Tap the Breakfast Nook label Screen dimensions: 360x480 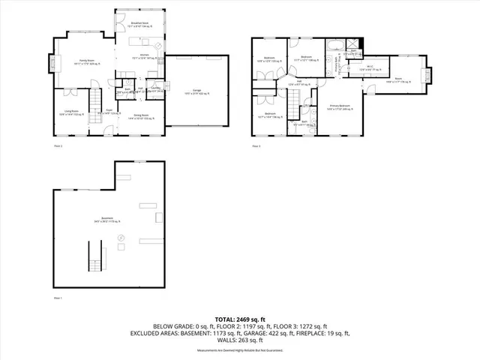click(x=137, y=24)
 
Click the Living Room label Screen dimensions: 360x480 click(x=70, y=112)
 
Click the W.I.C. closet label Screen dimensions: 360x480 click(x=370, y=67)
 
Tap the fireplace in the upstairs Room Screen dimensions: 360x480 click(x=430, y=75)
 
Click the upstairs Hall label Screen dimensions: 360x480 click(x=299, y=82)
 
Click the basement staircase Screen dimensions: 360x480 click(x=96, y=255)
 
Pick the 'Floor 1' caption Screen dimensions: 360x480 click(x=58, y=298)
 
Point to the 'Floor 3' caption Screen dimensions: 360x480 click(x=256, y=145)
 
